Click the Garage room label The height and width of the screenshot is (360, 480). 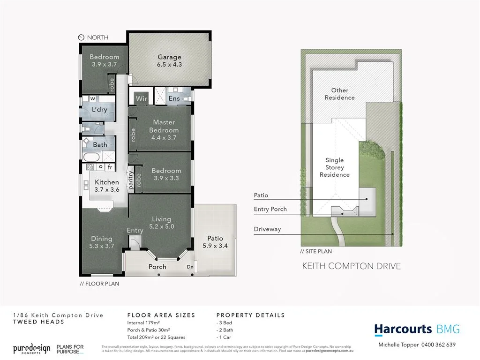point(169,61)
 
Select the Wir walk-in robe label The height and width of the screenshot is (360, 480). point(142,99)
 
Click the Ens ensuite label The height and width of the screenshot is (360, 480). point(174,99)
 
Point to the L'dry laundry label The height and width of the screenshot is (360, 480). point(99,110)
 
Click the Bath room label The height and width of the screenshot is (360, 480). point(100,145)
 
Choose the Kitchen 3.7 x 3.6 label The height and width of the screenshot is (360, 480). point(106,186)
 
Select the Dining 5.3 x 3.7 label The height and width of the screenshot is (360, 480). point(102,242)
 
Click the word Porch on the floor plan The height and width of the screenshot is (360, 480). point(157,267)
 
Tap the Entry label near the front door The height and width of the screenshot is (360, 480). point(135,230)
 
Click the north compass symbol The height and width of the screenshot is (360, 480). point(81,37)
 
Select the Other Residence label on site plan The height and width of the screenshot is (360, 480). point(340,94)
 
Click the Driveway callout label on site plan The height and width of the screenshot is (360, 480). point(267,230)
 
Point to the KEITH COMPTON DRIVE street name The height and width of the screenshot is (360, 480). point(351,266)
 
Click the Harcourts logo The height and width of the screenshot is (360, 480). point(403,330)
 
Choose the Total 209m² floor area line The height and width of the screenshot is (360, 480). point(157,337)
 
